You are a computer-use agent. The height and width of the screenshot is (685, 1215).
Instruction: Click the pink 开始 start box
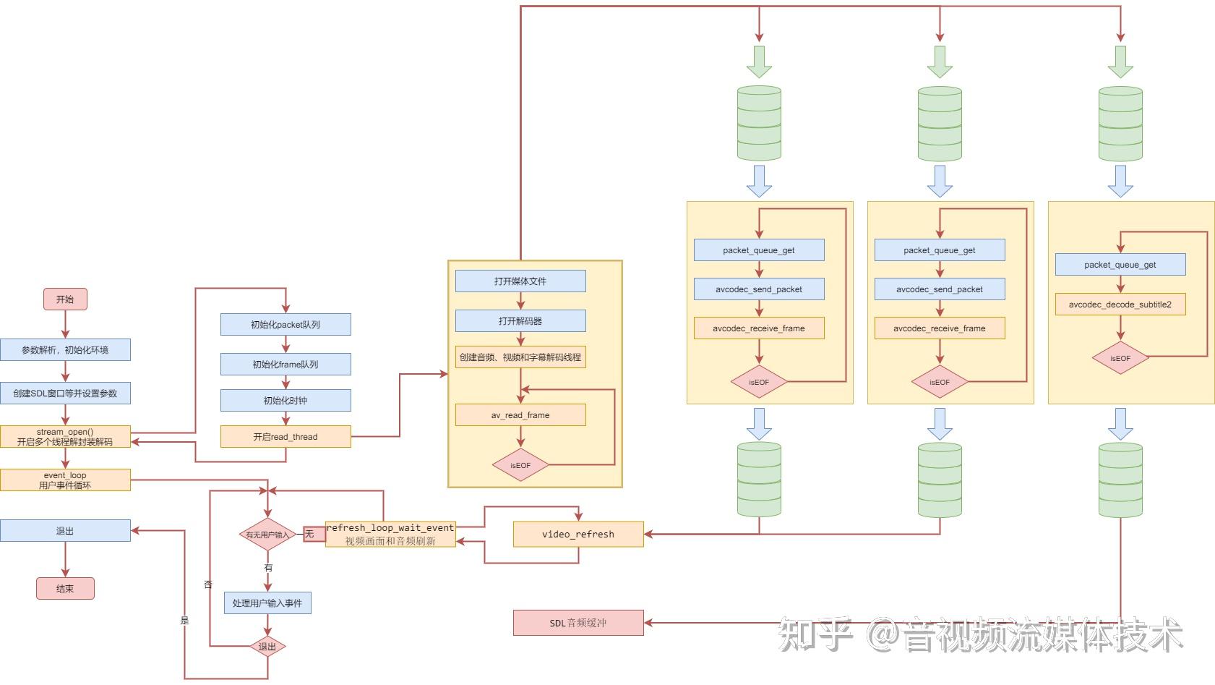point(65,299)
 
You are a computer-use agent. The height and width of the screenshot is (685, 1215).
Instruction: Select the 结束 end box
point(65,588)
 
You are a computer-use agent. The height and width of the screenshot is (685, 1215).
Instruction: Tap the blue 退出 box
point(65,531)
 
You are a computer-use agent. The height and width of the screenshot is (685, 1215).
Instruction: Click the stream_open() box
point(65,437)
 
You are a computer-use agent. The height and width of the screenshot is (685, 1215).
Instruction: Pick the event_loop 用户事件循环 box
point(65,480)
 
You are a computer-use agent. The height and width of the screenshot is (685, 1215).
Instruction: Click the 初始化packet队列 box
point(285,325)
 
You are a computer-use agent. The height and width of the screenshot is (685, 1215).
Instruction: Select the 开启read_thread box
point(285,437)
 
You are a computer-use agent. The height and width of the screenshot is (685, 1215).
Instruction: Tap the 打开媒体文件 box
point(520,281)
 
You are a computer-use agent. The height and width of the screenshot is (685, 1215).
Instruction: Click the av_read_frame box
point(520,415)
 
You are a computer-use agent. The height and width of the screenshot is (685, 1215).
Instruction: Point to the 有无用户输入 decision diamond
point(267,535)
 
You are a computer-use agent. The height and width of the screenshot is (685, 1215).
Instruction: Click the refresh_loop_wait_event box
point(390,535)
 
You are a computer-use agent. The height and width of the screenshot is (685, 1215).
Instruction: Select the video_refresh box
point(578,535)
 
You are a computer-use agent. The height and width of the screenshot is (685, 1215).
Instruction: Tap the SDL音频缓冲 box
point(578,623)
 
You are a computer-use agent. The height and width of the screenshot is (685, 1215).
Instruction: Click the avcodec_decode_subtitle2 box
point(1120,305)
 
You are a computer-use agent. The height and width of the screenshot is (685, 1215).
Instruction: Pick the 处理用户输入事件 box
point(267,603)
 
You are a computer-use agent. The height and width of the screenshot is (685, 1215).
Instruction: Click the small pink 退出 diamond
point(267,647)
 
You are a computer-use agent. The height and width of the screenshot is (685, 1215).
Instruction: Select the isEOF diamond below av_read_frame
point(520,465)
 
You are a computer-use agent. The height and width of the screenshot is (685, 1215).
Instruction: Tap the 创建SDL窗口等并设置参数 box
point(65,393)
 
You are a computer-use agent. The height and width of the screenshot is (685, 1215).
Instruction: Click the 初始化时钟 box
point(285,401)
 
